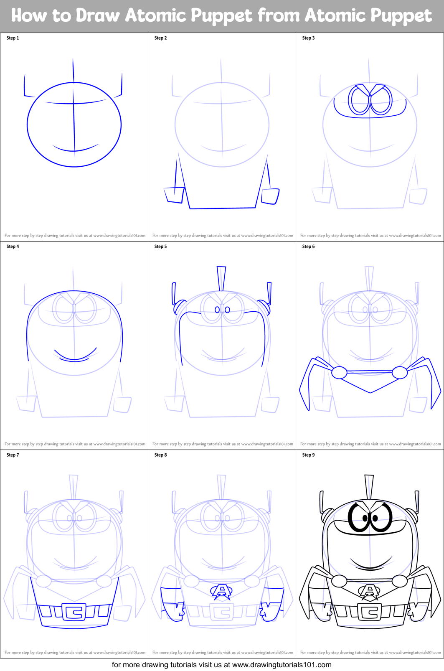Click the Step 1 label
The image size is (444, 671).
point(13,38)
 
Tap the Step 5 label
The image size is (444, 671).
point(160,247)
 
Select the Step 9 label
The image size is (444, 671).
point(308,455)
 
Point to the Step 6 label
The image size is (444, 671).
point(308,247)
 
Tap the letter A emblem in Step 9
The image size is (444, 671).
point(369,591)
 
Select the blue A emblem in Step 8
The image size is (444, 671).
point(222,591)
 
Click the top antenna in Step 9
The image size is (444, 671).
point(369,486)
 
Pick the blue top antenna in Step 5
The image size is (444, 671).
point(221,277)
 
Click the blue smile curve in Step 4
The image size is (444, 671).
point(75,356)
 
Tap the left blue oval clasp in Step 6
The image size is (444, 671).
point(339,372)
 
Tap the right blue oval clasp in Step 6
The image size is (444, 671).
point(400,372)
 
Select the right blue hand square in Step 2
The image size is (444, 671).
point(270,196)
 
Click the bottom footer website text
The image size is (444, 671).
point(222,665)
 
